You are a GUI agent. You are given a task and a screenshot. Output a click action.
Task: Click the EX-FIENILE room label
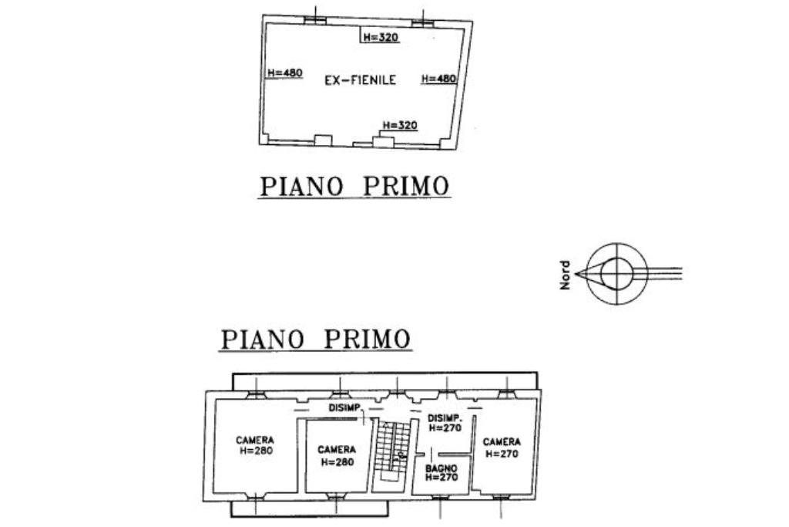point(360,79)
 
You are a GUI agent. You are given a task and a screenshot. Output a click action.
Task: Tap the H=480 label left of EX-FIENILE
point(284,73)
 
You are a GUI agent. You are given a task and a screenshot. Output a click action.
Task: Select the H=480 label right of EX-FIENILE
point(439,79)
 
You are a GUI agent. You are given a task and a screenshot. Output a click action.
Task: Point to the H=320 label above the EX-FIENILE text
point(381,37)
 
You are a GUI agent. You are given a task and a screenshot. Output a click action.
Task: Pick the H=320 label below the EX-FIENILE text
point(400,125)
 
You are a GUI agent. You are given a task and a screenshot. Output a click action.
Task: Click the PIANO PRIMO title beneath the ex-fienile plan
point(354,187)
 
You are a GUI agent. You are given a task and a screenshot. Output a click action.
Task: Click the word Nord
point(566,274)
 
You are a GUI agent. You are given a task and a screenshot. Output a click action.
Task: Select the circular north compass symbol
point(616,272)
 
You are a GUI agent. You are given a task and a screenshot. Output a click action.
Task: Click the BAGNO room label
point(442,468)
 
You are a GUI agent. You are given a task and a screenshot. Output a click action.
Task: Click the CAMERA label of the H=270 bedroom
point(502,442)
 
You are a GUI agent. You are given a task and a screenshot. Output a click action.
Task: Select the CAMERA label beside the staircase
point(337,450)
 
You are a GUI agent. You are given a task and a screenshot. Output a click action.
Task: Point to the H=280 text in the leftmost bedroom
point(255,451)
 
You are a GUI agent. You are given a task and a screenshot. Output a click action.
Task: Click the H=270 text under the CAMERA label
point(502,454)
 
